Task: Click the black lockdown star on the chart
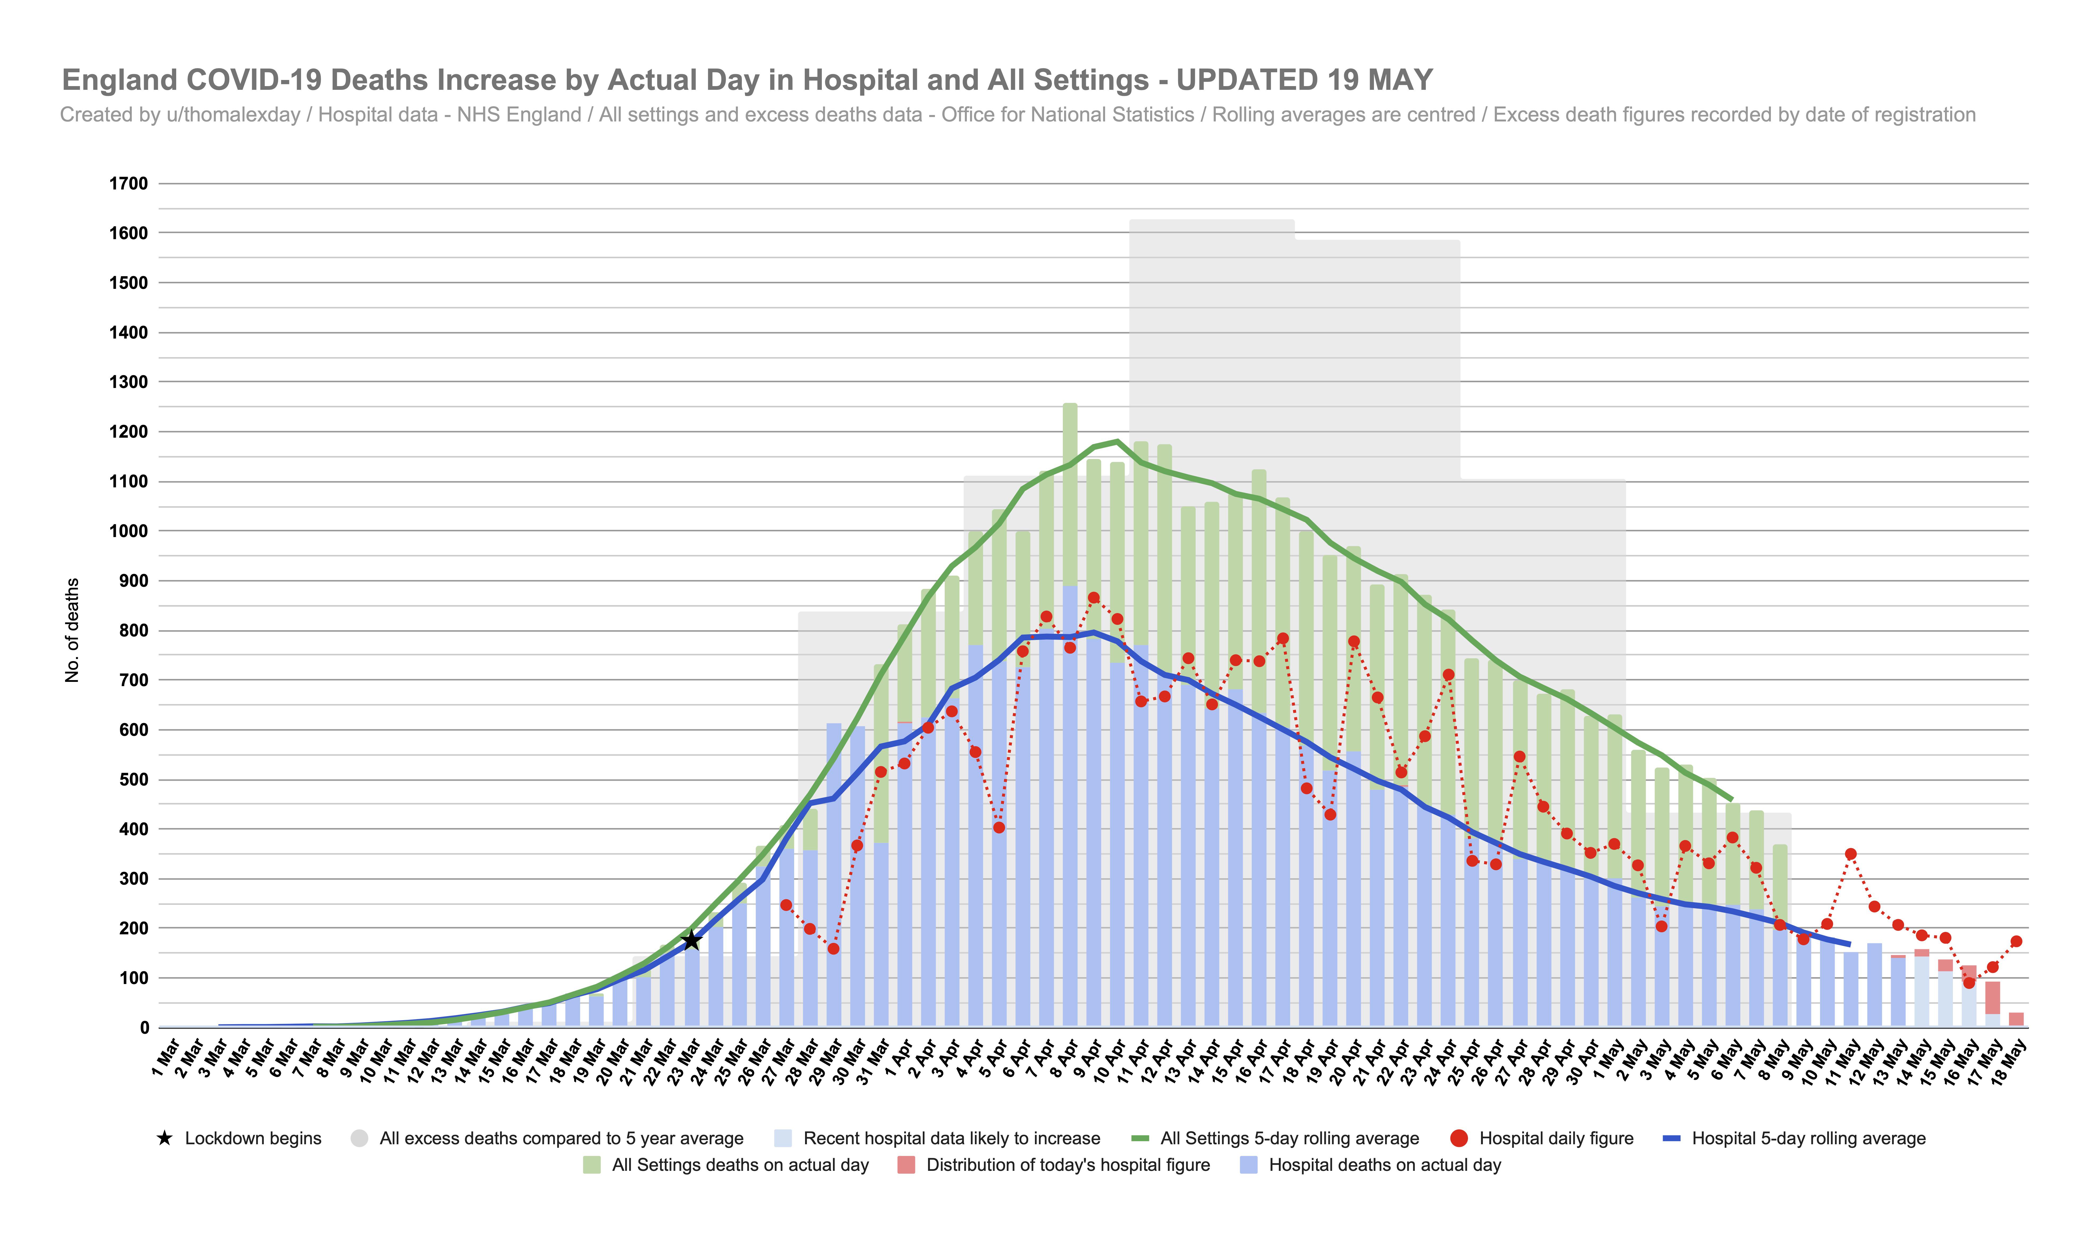point(691,940)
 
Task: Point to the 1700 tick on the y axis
point(128,183)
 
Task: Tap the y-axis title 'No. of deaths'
point(73,630)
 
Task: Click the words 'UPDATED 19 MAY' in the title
point(1304,80)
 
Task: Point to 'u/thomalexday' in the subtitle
point(233,115)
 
